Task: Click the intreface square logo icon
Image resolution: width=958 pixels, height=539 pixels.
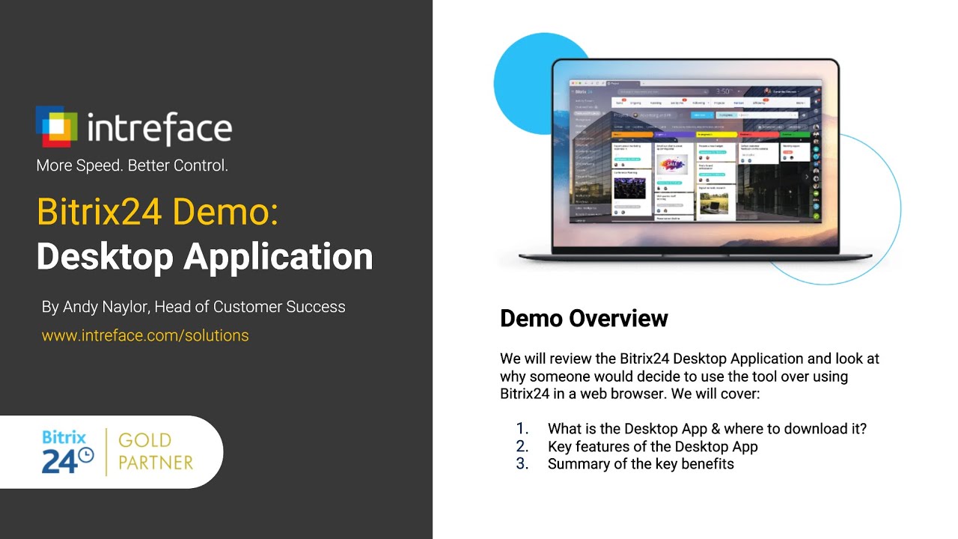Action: coord(56,126)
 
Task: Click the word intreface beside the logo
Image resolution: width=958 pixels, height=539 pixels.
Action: coord(159,128)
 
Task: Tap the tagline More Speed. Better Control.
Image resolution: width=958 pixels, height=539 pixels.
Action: coord(132,165)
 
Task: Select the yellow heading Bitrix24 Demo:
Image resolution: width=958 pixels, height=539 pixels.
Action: coord(157,212)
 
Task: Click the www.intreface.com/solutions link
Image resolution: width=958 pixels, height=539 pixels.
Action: coord(145,335)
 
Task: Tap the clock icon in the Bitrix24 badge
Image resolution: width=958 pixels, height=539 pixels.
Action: coord(86,455)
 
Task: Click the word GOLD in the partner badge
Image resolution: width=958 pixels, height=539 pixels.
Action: coord(144,440)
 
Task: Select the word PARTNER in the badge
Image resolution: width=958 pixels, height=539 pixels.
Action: coord(156,463)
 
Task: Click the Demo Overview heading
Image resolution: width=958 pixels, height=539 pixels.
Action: coord(584,318)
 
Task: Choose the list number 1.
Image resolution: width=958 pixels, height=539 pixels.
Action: coord(522,429)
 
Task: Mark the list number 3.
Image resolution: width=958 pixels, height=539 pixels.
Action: coord(522,464)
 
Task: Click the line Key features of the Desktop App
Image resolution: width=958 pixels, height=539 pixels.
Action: coord(653,447)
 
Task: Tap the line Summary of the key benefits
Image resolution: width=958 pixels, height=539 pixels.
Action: coord(641,464)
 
